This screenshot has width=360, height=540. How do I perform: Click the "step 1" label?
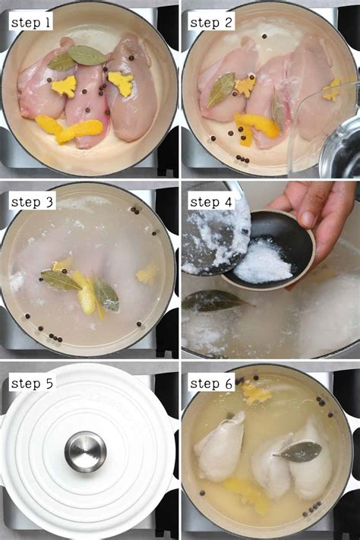[31, 23]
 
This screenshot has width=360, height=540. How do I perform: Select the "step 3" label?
[31, 202]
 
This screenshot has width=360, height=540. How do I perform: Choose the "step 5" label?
[31, 382]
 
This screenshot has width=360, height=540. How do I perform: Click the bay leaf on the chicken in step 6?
[297, 452]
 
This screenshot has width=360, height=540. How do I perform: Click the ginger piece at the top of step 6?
[256, 393]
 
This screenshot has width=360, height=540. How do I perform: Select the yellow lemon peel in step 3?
[84, 292]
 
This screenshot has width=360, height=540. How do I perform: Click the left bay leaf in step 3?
[60, 280]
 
